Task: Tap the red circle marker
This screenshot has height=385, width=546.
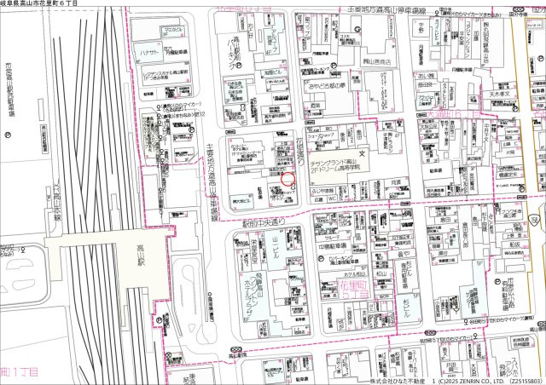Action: pos(288,180)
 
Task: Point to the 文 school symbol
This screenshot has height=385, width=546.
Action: pos(361,154)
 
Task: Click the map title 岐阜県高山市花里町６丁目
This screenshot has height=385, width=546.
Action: pos(41,4)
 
